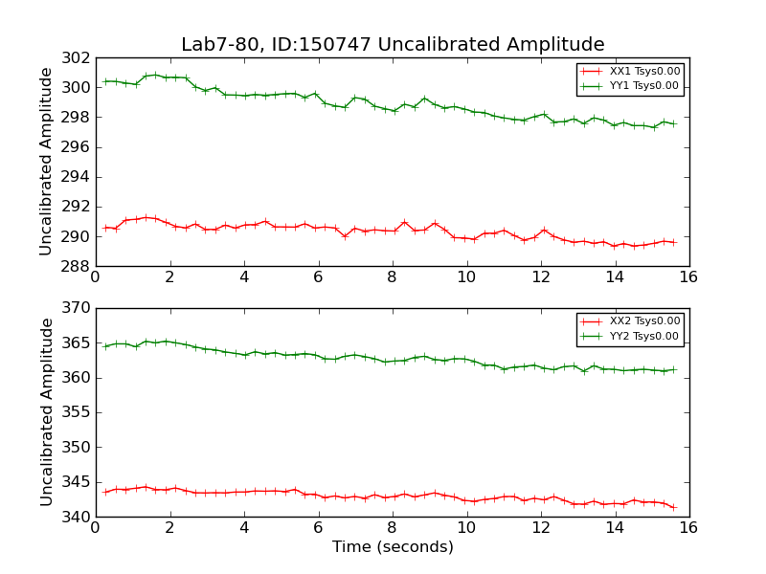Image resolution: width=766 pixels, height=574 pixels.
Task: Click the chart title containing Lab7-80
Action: [x=393, y=45]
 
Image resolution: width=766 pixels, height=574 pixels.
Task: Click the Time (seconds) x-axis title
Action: [x=393, y=547]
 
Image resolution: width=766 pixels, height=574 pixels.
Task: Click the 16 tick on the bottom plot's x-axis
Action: [x=688, y=528]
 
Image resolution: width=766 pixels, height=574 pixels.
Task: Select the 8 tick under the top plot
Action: [x=392, y=277]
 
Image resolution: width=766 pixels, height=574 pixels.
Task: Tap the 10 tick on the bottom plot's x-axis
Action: [x=466, y=528]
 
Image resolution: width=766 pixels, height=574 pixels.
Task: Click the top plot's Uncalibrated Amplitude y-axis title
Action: [x=46, y=161]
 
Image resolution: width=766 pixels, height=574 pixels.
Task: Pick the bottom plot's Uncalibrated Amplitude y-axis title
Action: [x=46, y=411]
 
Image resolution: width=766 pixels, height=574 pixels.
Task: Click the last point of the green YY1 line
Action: [x=673, y=123]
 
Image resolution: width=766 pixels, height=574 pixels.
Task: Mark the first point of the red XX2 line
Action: [x=105, y=492]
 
